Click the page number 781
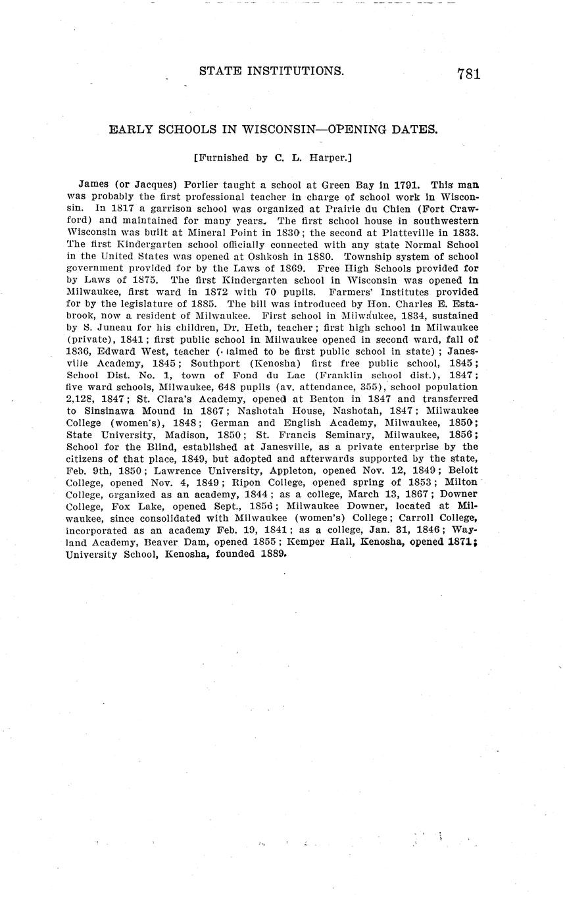pyautogui.click(x=468, y=74)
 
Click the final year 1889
pyautogui.click(x=270, y=553)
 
